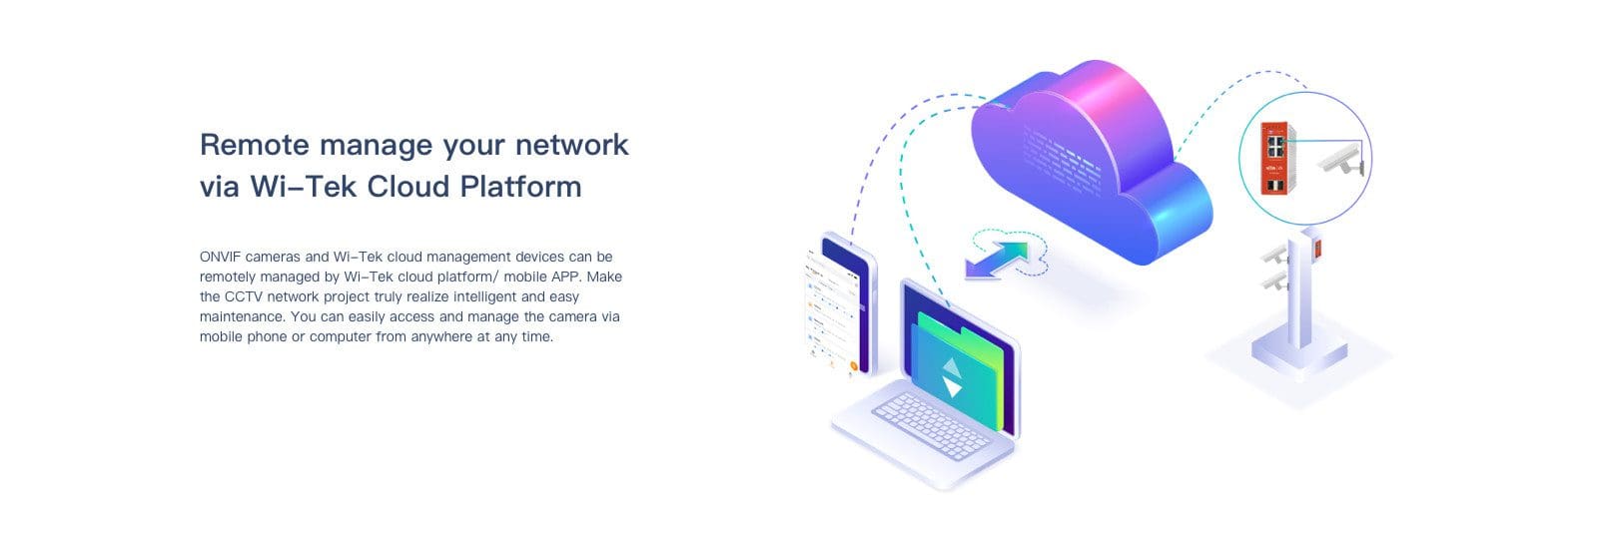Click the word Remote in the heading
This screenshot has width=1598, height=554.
(x=255, y=145)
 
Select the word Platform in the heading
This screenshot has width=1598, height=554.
(x=520, y=187)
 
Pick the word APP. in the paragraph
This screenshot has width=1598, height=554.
(x=566, y=277)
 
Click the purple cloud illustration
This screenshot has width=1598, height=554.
(x=1092, y=161)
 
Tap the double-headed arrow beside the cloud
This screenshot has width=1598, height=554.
(x=998, y=260)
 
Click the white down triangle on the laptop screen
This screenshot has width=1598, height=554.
(x=953, y=387)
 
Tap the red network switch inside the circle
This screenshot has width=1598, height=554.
(x=1276, y=159)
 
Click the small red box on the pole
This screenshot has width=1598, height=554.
(x=1318, y=249)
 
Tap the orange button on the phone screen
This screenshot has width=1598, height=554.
(x=853, y=365)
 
